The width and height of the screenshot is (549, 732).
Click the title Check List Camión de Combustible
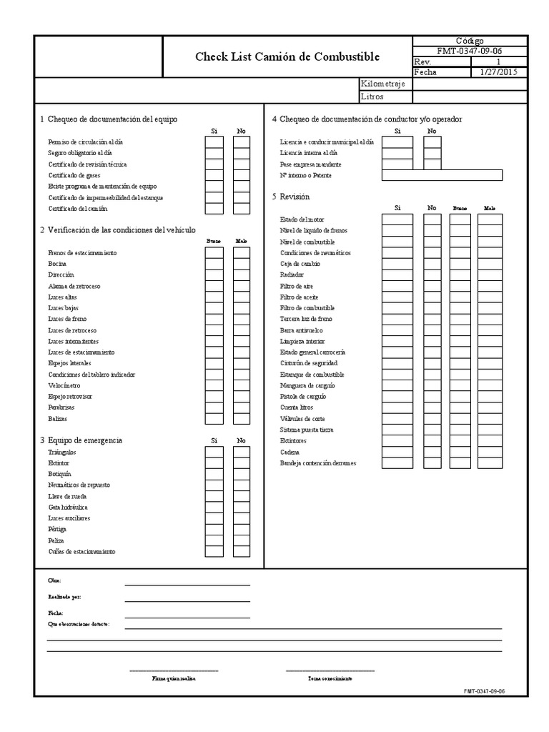(x=287, y=57)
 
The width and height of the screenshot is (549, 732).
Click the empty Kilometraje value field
(x=470, y=84)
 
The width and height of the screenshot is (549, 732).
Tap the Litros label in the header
(x=372, y=96)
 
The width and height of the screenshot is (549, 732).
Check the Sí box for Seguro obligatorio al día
(x=214, y=153)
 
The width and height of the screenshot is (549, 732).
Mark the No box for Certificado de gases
(x=242, y=175)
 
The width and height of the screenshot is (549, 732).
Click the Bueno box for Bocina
(x=214, y=264)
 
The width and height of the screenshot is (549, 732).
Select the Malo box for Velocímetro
(x=242, y=386)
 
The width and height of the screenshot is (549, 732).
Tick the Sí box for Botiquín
(x=214, y=474)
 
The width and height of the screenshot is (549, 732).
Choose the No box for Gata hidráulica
(x=242, y=507)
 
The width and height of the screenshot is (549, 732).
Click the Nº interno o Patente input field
(x=442, y=176)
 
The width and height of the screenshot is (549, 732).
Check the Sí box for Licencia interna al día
(x=397, y=153)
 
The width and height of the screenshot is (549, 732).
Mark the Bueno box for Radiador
(x=460, y=275)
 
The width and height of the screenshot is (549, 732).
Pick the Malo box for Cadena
(x=490, y=452)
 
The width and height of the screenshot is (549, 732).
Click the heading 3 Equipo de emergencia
(x=81, y=440)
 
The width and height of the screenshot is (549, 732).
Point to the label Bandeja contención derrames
(x=318, y=463)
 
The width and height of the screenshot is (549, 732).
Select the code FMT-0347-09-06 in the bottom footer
(x=484, y=691)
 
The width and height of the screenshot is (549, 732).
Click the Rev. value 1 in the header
(x=498, y=62)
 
